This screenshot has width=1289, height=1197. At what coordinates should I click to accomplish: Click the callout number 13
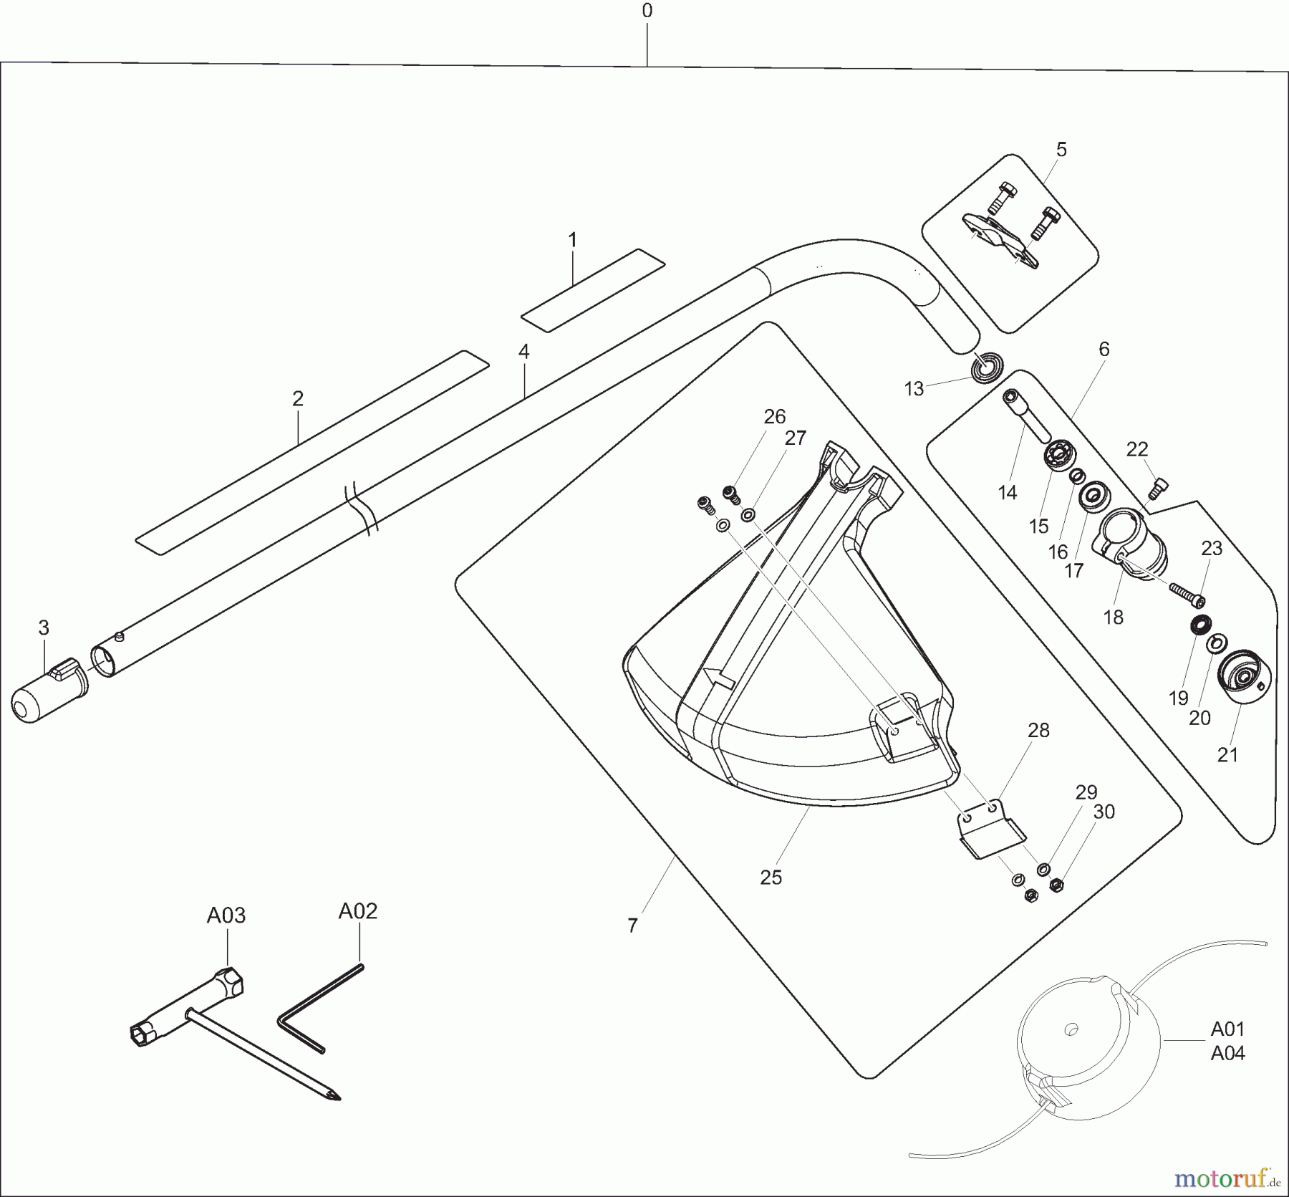[x=914, y=389]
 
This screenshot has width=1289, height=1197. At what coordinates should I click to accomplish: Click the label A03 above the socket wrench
[x=226, y=915]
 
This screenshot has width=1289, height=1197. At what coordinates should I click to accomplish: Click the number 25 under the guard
[x=771, y=877]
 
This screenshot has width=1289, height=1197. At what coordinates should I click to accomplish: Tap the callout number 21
[x=1227, y=754]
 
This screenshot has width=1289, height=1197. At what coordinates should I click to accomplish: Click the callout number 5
[x=1061, y=150]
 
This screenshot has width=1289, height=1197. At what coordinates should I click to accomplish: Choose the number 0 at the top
[x=647, y=11]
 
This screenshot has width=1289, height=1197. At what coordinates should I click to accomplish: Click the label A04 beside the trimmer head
[x=1227, y=1053]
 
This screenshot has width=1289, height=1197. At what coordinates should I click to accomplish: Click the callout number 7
[x=632, y=926]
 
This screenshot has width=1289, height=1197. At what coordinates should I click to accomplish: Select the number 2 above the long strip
[x=298, y=398]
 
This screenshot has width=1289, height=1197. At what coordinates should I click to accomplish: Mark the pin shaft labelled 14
[x=1028, y=415]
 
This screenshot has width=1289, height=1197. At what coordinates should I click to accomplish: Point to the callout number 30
[x=1104, y=812]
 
